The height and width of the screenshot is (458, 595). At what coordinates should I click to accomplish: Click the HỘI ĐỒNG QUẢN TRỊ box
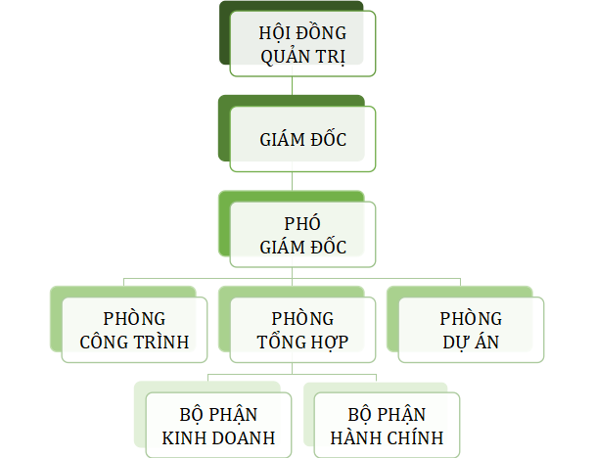[x=302, y=44]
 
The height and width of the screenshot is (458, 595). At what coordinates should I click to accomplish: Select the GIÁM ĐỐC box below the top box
[x=302, y=139]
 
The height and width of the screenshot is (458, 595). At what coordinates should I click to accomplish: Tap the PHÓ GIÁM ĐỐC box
[x=302, y=234]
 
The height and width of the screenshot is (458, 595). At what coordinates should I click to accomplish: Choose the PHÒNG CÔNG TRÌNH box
[x=134, y=331]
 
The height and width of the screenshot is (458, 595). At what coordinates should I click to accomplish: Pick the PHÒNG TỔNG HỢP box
[x=302, y=331]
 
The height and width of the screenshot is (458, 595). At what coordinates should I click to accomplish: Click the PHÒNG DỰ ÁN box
[x=470, y=331]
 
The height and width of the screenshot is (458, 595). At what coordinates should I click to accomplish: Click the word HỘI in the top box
[x=274, y=32]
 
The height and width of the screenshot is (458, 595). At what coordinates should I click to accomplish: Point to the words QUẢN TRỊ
[x=303, y=56]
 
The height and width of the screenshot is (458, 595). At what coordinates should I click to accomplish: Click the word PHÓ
[x=302, y=223]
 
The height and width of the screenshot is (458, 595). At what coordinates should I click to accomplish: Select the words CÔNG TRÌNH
[x=134, y=343]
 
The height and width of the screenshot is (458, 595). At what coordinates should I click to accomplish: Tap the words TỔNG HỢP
[x=302, y=343]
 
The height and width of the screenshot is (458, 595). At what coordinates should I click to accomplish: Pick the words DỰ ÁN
[x=470, y=343]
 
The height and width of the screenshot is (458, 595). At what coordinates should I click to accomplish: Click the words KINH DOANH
[x=218, y=436]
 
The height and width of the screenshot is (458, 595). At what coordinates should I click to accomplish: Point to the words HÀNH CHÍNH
[x=387, y=436]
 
